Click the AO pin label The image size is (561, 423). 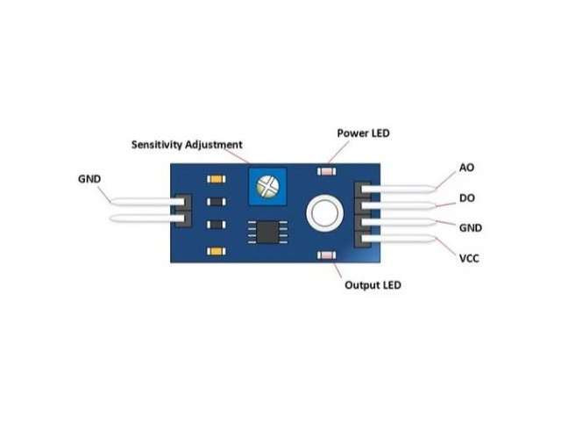(x=466, y=168)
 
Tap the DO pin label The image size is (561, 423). (x=467, y=198)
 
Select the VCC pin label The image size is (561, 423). (x=469, y=258)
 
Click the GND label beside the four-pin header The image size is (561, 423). (x=471, y=228)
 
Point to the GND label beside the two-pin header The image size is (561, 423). (x=89, y=179)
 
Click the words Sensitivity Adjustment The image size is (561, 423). (x=187, y=145)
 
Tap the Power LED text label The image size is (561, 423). (x=363, y=133)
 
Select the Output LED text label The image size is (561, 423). (x=373, y=285)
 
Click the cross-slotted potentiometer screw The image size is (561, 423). (x=267, y=186)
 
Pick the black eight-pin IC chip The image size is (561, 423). (x=267, y=232)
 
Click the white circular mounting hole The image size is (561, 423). (x=324, y=213)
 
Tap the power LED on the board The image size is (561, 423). (x=327, y=171)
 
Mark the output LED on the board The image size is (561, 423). (x=327, y=255)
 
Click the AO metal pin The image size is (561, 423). (x=399, y=189)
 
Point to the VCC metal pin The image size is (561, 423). (x=399, y=238)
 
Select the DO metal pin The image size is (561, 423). (x=399, y=205)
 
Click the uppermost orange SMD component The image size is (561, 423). (x=217, y=179)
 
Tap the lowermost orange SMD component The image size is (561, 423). (x=217, y=251)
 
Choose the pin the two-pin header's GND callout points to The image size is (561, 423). (x=147, y=202)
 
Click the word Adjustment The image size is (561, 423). (x=214, y=145)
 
